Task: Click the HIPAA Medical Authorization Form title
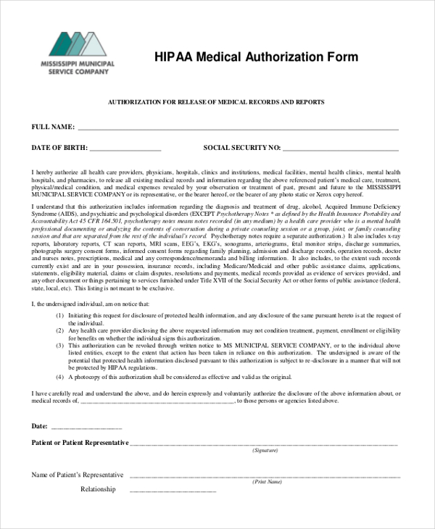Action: [x=256, y=57]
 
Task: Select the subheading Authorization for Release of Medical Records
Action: [x=216, y=102]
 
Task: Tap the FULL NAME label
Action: [x=53, y=127]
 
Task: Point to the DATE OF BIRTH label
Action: [x=59, y=148]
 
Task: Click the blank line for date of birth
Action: [x=126, y=149]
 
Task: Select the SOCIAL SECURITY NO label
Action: [x=241, y=148]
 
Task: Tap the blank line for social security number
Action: [x=341, y=149]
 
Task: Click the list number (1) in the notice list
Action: [x=60, y=315]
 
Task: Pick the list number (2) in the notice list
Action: [x=60, y=330]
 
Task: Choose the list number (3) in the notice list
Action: [x=60, y=346]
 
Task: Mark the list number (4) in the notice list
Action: [x=60, y=377]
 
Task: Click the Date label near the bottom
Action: [x=40, y=425]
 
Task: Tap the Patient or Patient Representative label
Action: [x=80, y=442]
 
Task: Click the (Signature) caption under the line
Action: [x=265, y=451]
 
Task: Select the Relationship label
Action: [x=98, y=489]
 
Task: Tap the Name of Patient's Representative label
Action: [x=77, y=475]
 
